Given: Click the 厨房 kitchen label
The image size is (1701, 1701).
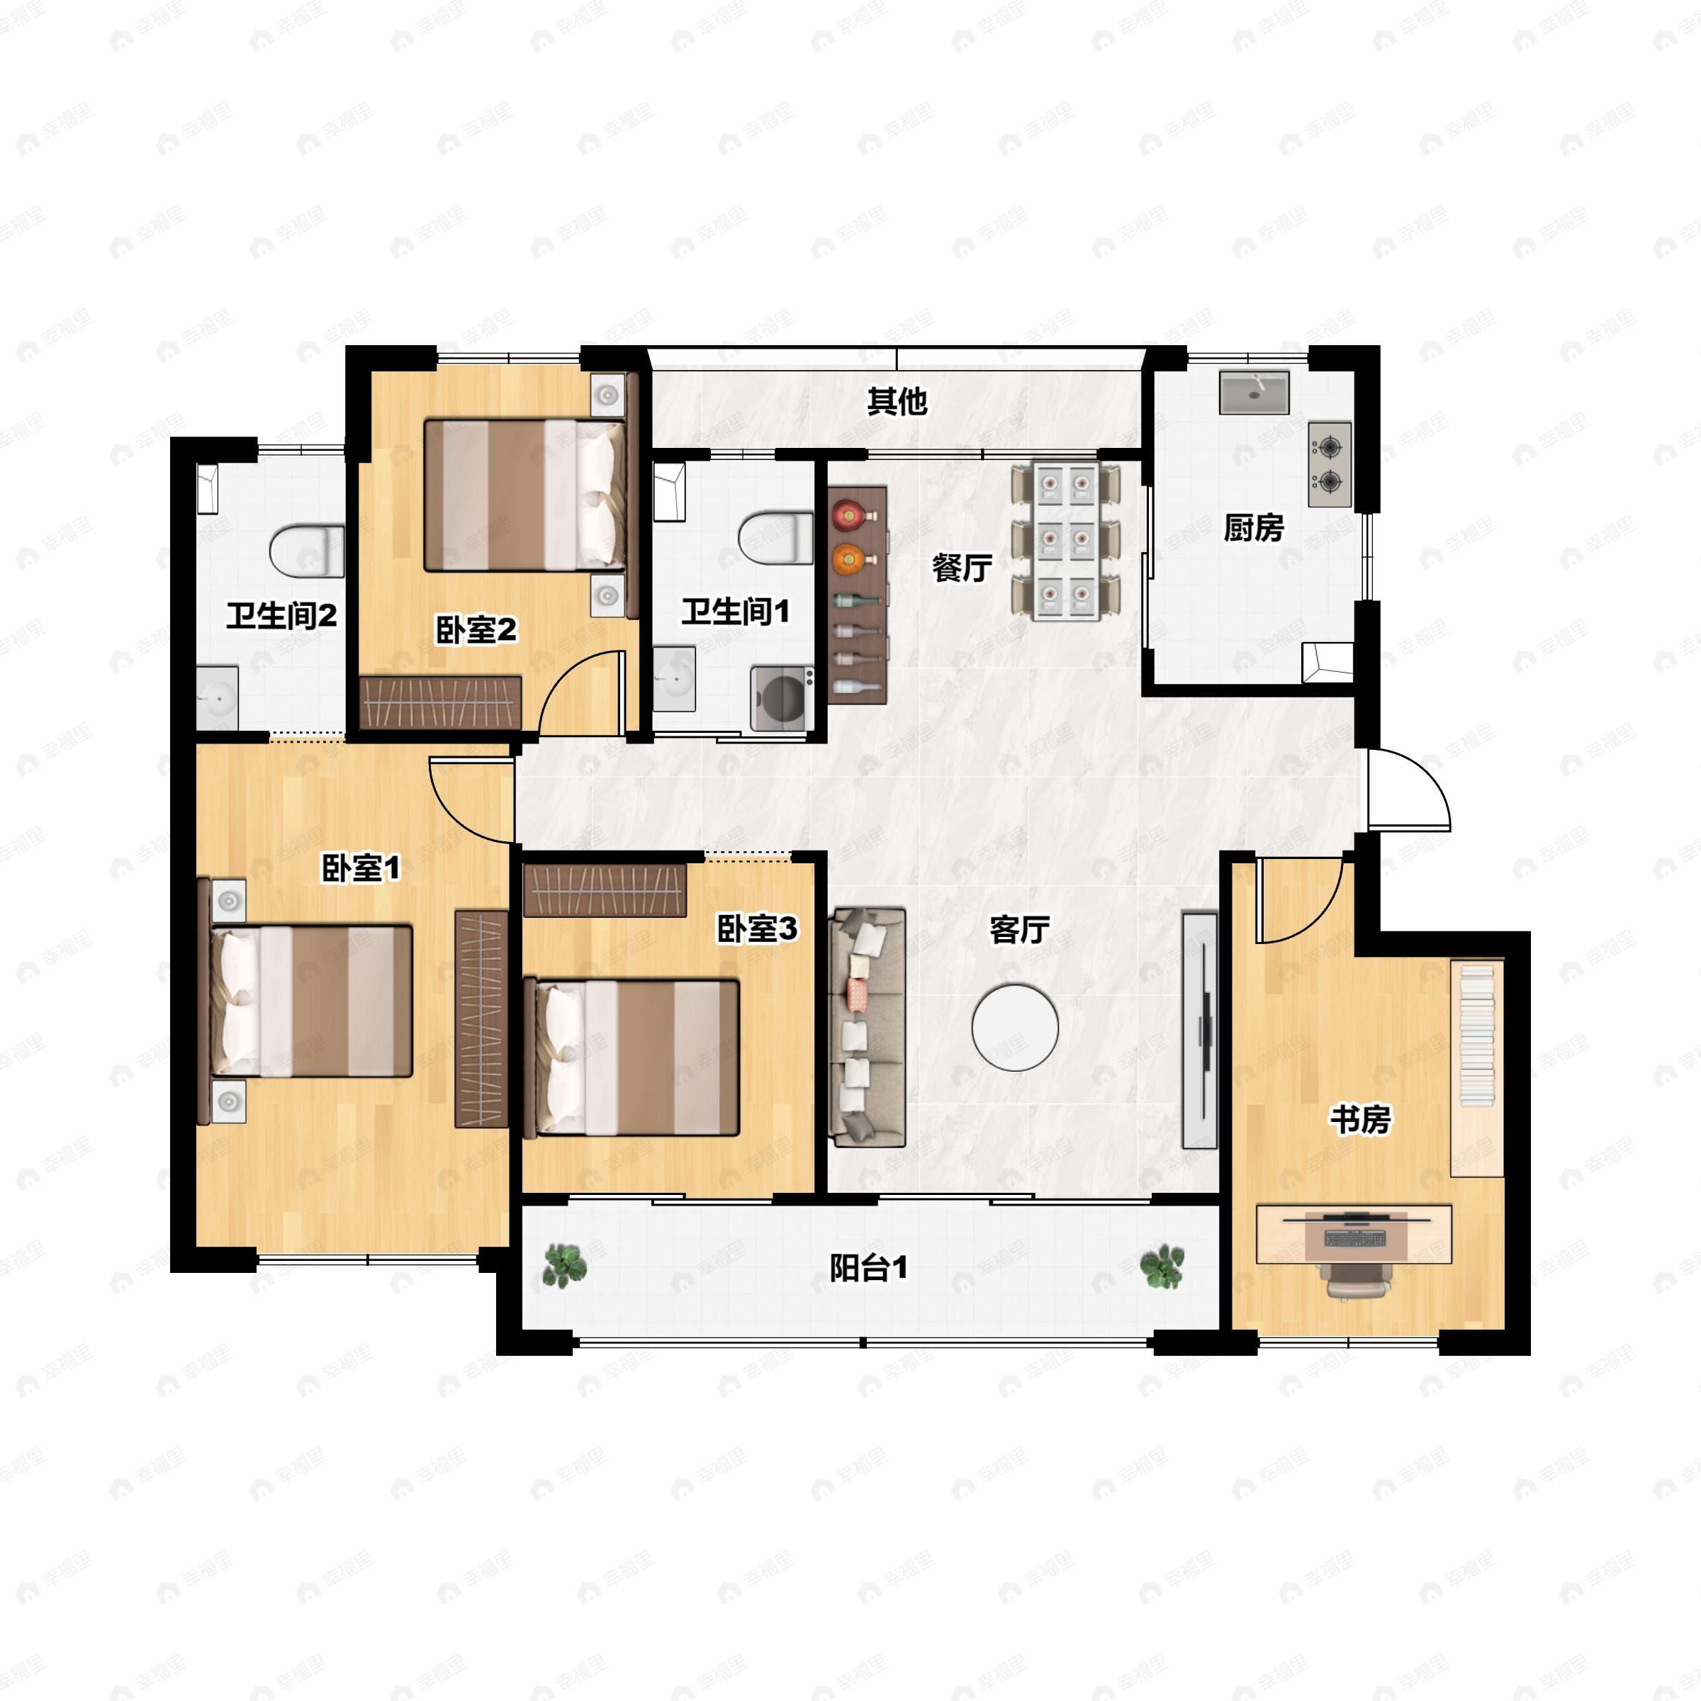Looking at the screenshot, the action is tap(1254, 528).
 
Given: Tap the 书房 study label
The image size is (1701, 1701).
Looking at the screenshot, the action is tap(1360, 1120).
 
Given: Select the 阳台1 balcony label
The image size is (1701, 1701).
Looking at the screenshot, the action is tap(869, 1268).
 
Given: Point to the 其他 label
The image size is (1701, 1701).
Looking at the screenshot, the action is tap(897, 401).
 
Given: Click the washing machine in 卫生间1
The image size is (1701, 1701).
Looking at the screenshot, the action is tap(782, 699).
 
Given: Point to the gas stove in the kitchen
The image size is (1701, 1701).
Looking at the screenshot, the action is tap(1330, 464).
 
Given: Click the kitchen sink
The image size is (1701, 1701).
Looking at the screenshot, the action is tap(1254, 392).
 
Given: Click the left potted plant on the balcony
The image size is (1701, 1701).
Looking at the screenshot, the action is tap(563, 1266).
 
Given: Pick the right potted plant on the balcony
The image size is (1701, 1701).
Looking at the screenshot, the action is tap(1162, 1266).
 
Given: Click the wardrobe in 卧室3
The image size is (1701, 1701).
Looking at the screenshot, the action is tap(604, 890).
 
